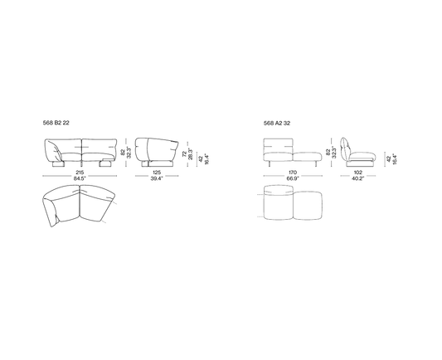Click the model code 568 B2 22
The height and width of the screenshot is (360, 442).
(x=56, y=123)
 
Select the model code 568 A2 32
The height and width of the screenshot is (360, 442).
(x=277, y=124)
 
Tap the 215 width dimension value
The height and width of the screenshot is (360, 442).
(x=80, y=173)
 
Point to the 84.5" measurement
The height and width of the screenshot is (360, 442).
(x=80, y=178)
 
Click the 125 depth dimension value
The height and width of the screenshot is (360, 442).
(x=157, y=173)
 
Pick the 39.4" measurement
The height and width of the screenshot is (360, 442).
(x=157, y=178)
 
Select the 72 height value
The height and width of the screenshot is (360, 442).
(x=184, y=154)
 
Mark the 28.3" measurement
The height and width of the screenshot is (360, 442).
(x=190, y=154)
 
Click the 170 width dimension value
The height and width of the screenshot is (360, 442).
(x=293, y=173)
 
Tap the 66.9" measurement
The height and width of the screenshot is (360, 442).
(x=293, y=178)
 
